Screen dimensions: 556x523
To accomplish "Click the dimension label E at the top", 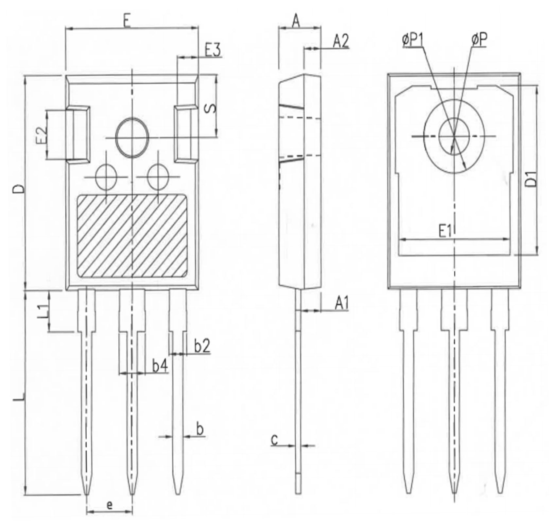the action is (127, 22).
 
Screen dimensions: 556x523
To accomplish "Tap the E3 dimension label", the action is (213, 51).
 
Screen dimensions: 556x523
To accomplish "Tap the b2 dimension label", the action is (202, 346).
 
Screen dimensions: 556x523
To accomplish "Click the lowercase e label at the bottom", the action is (110, 505).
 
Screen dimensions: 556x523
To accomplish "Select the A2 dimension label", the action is (341, 42).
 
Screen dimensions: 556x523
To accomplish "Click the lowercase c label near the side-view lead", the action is (274, 440).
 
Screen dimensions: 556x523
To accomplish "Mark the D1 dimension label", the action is (532, 178).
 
